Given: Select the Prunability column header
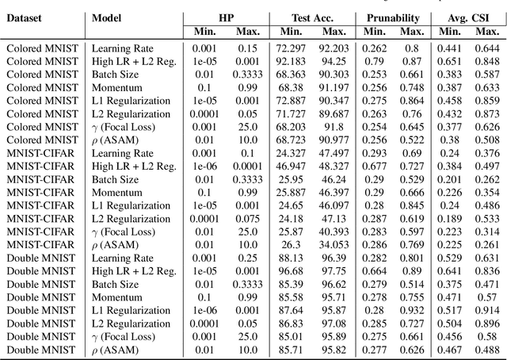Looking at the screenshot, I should pyautogui.click(x=394, y=17).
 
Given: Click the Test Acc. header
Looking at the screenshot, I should pyautogui.click(x=311, y=17).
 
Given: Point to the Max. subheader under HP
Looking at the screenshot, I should pyautogui.click(x=247, y=32).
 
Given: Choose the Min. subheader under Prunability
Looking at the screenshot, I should pyautogui.click(x=375, y=32).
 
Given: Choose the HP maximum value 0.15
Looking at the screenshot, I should pyautogui.click(x=247, y=48).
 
